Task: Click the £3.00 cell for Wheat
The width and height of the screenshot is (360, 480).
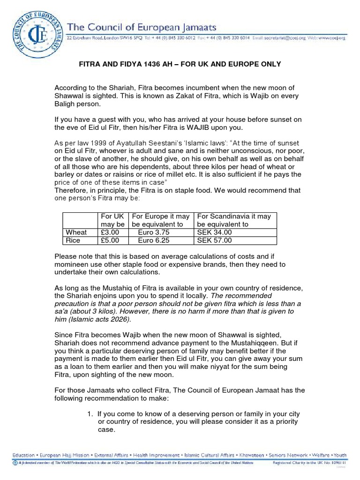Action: (110, 232)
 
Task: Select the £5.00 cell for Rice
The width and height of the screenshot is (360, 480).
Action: (110, 240)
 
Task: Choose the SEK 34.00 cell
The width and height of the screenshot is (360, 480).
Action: (214, 232)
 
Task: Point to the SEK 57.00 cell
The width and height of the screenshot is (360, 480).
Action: (214, 240)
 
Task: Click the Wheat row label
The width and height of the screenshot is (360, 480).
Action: (76, 232)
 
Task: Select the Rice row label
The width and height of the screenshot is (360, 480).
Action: (73, 240)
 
